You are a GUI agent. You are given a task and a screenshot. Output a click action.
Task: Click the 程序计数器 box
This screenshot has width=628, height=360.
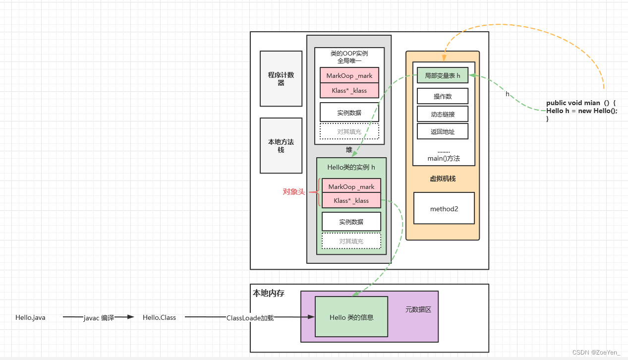point(281,78)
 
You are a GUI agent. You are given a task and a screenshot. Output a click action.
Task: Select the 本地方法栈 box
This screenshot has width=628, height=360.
point(281,145)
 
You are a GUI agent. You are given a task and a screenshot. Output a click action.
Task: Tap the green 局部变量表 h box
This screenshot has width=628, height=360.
point(443,75)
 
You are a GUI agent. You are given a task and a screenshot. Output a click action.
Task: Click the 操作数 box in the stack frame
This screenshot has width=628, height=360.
point(443,96)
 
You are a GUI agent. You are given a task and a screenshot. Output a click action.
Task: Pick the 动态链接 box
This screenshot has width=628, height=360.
point(443,114)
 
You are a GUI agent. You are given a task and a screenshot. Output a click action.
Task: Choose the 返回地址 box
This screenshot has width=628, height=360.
point(443,131)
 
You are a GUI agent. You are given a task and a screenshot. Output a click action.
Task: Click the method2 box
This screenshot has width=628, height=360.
point(444,208)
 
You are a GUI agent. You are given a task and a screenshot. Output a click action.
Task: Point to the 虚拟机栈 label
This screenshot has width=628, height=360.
point(443,179)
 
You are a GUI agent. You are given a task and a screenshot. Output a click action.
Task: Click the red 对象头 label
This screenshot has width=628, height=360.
point(293,192)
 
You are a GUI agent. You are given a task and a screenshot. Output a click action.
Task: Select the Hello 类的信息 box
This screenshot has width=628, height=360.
point(351,317)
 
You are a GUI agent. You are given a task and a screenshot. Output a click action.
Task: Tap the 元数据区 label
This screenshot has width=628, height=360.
point(418,309)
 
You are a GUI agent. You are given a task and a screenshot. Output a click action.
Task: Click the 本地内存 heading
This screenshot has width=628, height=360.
point(268,293)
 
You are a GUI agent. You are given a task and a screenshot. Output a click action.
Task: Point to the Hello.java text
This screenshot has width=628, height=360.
point(30,317)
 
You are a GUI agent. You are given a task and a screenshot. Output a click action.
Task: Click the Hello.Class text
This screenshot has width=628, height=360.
point(159,317)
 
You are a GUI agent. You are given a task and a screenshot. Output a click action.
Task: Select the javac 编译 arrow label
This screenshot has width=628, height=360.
point(99,318)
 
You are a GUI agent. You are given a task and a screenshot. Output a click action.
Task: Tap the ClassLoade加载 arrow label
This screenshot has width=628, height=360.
point(250,318)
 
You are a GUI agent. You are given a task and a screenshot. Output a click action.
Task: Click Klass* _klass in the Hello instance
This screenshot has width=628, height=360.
point(351,200)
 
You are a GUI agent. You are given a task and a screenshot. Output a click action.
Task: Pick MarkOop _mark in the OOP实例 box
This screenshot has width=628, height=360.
point(349,75)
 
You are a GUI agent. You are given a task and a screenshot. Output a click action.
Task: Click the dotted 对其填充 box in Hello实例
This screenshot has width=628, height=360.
point(351,241)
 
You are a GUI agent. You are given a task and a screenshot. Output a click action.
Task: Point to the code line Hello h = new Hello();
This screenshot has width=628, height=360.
point(582,111)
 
